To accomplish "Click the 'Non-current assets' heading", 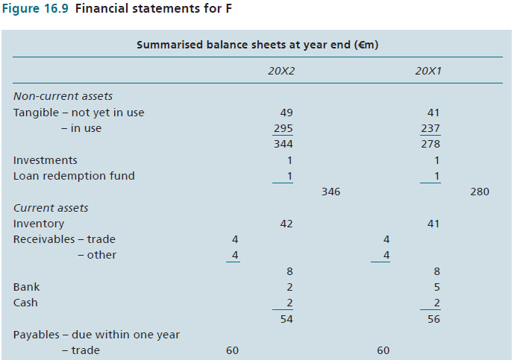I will (63, 96).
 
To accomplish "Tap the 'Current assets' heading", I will (51, 208).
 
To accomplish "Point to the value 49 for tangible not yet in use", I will (286, 113).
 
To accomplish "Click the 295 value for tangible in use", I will (283, 128).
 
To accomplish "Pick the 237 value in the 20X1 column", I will (430, 128).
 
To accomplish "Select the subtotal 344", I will (283, 144).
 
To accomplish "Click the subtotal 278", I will (430, 144).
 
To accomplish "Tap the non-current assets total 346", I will (330, 192).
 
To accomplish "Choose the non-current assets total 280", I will (480, 192).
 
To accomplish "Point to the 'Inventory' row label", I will (39, 224).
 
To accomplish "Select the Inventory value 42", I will (286, 224).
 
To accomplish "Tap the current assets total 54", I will (286, 319).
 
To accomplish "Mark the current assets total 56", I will (433, 319).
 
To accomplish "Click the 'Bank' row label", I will (26, 287).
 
